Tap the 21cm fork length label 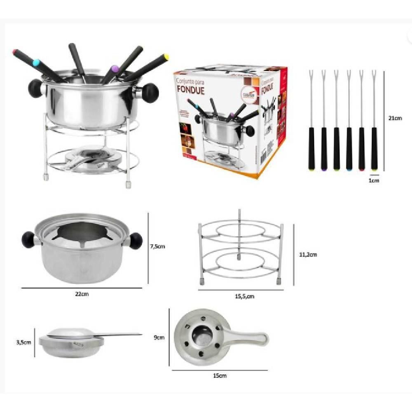tap(394, 118)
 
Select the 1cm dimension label tap(374, 180)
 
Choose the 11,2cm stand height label tap(309, 255)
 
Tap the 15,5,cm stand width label tap(241, 296)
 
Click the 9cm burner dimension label tap(159, 337)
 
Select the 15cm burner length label tap(220, 375)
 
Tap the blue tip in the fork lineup tap(349, 168)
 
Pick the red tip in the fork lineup tap(362, 168)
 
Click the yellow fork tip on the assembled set tap(166, 56)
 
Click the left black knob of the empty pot tap(28, 239)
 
